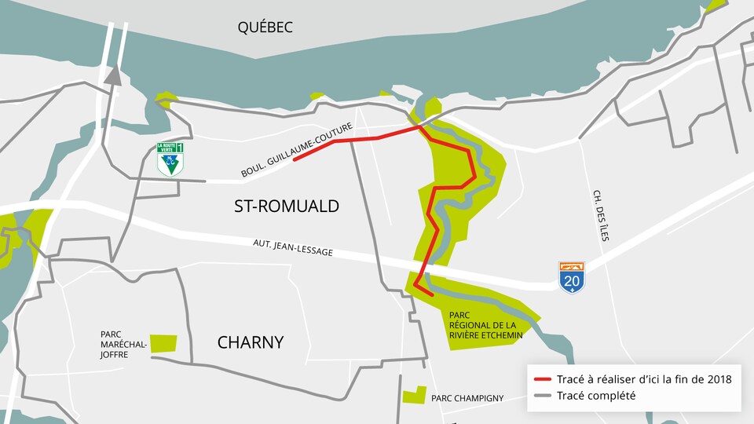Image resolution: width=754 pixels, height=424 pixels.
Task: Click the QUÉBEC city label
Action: pos(265,27)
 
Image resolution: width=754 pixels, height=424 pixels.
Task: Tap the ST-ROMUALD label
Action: pos(287,207)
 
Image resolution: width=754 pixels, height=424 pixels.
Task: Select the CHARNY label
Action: pos(251,342)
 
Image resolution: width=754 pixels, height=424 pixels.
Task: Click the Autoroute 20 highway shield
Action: pos(572,277)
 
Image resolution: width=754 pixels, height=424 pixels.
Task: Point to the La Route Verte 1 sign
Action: pos(170,159)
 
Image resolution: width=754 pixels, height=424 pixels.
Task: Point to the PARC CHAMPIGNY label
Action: pos(467,398)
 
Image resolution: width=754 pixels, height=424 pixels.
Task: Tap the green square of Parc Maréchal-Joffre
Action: pos(163,343)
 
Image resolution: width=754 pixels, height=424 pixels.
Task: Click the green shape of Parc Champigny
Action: pos(414,395)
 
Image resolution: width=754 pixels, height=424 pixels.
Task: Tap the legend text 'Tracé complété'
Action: pos(595,396)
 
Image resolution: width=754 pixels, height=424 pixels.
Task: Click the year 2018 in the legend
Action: pos(718,379)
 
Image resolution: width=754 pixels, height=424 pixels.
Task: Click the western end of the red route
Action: pos(295,159)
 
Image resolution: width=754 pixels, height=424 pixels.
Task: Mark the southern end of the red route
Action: pos(431,294)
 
